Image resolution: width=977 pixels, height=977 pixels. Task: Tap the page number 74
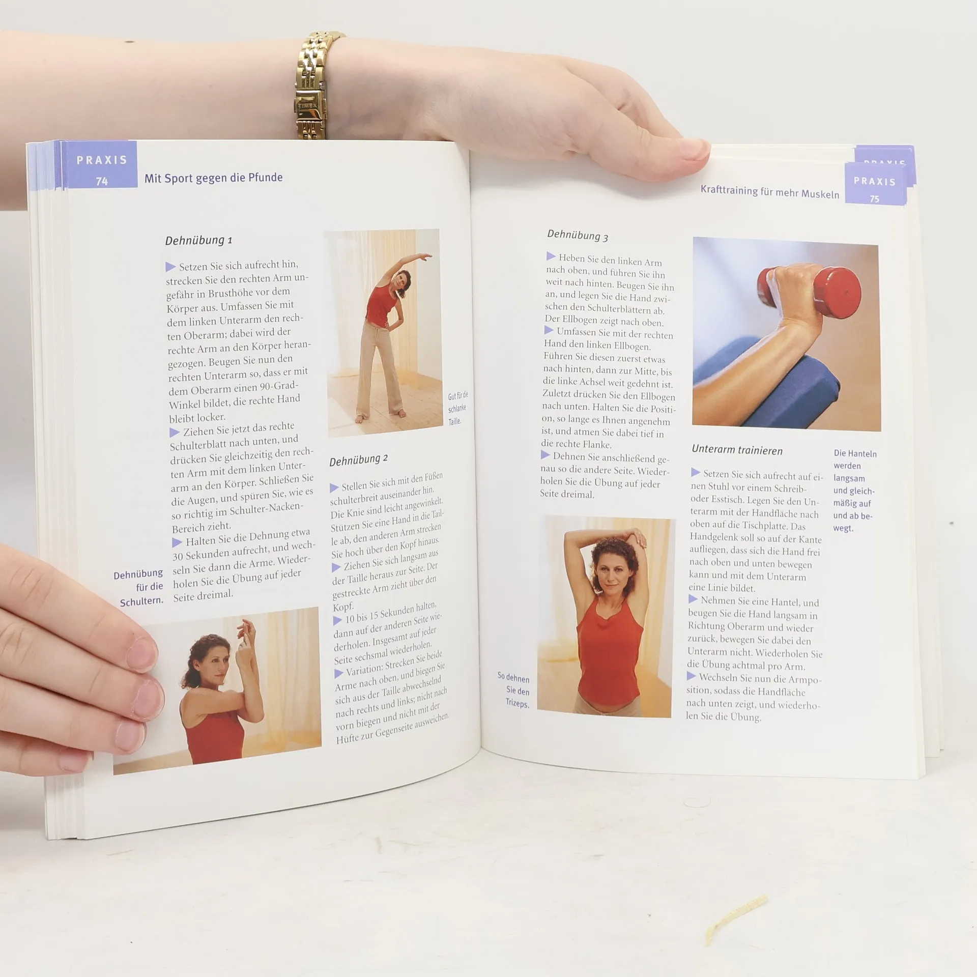click(x=102, y=181)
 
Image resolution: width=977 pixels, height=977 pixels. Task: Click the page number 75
click(x=874, y=199)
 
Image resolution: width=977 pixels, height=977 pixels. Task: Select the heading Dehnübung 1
click(x=198, y=240)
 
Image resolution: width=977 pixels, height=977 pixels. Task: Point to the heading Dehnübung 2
click(x=358, y=460)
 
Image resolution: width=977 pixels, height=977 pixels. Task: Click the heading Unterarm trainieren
click(x=737, y=450)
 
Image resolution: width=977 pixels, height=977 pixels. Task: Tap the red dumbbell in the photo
click(x=809, y=289)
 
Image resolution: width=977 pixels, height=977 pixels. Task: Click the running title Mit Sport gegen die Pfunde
click(x=213, y=178)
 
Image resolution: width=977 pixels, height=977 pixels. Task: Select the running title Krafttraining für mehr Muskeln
click(x=769, y=192)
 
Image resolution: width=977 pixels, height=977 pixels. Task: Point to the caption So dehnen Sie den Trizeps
click(x=514, y=691)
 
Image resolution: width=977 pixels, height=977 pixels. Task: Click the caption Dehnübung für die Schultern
click(x=138, y=588)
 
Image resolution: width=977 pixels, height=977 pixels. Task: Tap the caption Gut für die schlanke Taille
click(x=457, y=408)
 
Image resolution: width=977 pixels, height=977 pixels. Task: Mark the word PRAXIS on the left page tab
click(x=102, y=160)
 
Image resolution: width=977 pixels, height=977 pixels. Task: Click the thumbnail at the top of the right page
click(x=787, y=334)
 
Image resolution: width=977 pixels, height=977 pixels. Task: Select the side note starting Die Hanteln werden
click(x=854, y=491)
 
